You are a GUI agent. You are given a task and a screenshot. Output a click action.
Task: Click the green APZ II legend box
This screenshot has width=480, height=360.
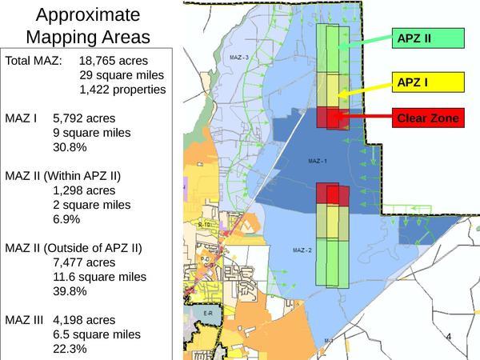click(426, 37)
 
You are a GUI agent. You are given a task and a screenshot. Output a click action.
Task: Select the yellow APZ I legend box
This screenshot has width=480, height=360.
click(426, 82)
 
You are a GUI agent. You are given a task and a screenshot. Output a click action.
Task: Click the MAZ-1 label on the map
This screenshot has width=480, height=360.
click(318, 161)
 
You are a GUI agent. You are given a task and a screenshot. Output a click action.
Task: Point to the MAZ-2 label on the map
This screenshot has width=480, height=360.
click(302, 250)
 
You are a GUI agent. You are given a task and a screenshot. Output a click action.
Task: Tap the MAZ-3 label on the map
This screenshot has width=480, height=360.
click(239, 58)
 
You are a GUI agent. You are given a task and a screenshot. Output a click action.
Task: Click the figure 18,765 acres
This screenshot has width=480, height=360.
click(124, 60)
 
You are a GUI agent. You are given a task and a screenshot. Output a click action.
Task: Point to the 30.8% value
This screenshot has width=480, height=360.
click(70, 147)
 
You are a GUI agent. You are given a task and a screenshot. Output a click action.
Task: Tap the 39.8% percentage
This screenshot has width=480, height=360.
click(70, 291)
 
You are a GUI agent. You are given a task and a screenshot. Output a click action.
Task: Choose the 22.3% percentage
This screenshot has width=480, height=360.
click(70, 349)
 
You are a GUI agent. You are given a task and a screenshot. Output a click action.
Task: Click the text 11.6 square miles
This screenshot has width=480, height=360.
click(99, 277)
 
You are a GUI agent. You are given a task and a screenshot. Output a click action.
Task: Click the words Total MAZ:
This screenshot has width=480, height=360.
click(34, 60)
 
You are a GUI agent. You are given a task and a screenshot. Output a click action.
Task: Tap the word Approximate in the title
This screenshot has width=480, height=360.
click(88, 15)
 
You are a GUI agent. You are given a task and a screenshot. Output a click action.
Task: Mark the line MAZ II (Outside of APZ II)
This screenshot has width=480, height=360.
click(74, 248)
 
